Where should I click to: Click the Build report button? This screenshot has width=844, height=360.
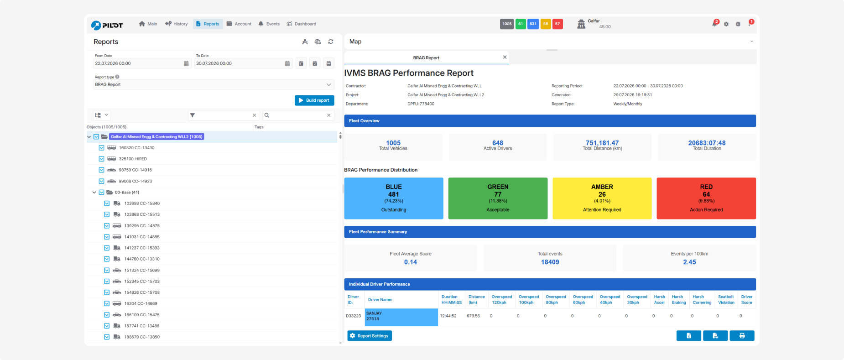pyautogui.click(x=314, y=100)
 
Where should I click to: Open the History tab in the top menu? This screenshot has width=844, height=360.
pyautogui.click(x=177, y=24)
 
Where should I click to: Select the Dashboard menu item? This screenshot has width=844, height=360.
pyautogui.click(x=301, y=24)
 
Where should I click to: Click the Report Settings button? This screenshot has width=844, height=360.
pyautogui.click(x=370, y=336)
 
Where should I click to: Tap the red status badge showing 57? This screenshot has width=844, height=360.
pyautogui.click(x=557, y=24)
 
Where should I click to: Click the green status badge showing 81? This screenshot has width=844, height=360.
pyautogui.click(x=521, y=24)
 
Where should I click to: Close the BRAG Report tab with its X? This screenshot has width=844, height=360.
pyautogui.click(x=505, y=57)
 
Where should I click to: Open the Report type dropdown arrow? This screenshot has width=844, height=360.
pyautogui.click(x=328, y=84)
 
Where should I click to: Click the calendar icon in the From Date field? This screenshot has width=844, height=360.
pyautogui.click(x=186, y=63)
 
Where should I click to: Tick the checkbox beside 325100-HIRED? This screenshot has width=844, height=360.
pyautogui.click(x=101, y=159)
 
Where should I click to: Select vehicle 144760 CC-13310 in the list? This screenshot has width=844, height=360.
pyautogui.click(x=142, y=259)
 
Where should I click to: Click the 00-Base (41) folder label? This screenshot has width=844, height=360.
pyautogui.click(x=127, y=193)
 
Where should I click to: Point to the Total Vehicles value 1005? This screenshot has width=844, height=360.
pyautogui.click(x=393, y=143)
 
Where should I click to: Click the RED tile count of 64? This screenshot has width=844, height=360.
pyautogui.click(x=706, y=194)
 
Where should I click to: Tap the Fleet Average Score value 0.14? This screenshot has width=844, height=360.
pyautogui.click(x=411, y=262)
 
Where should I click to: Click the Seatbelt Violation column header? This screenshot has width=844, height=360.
pyautogui.click(x=726, y=299)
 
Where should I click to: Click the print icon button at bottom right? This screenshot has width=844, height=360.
pyautogui.click(x=742, y=336)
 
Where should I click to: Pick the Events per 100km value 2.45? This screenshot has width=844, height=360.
pyautogui.click(x=689, y=262)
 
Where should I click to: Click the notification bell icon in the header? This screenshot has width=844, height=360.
pyautogui.click(x=714, y=24)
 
